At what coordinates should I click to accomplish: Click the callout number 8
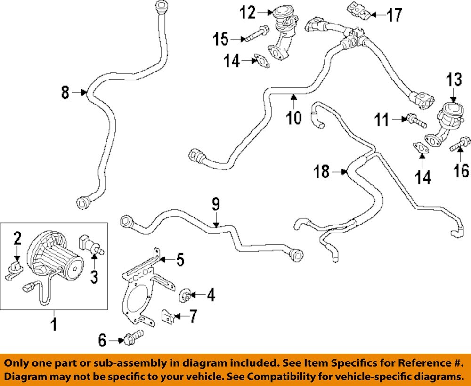(x=65, y=93)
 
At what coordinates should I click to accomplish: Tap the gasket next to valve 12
(x=260, y=61)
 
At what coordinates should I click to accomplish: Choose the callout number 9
(x=215, y=204)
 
